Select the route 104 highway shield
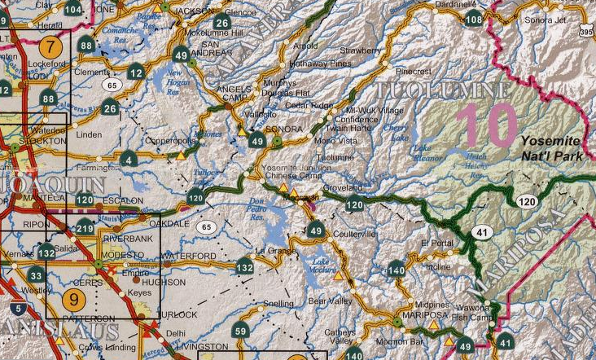coord(73,9)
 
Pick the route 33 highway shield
coord(34,275)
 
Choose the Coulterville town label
coord(355,233)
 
